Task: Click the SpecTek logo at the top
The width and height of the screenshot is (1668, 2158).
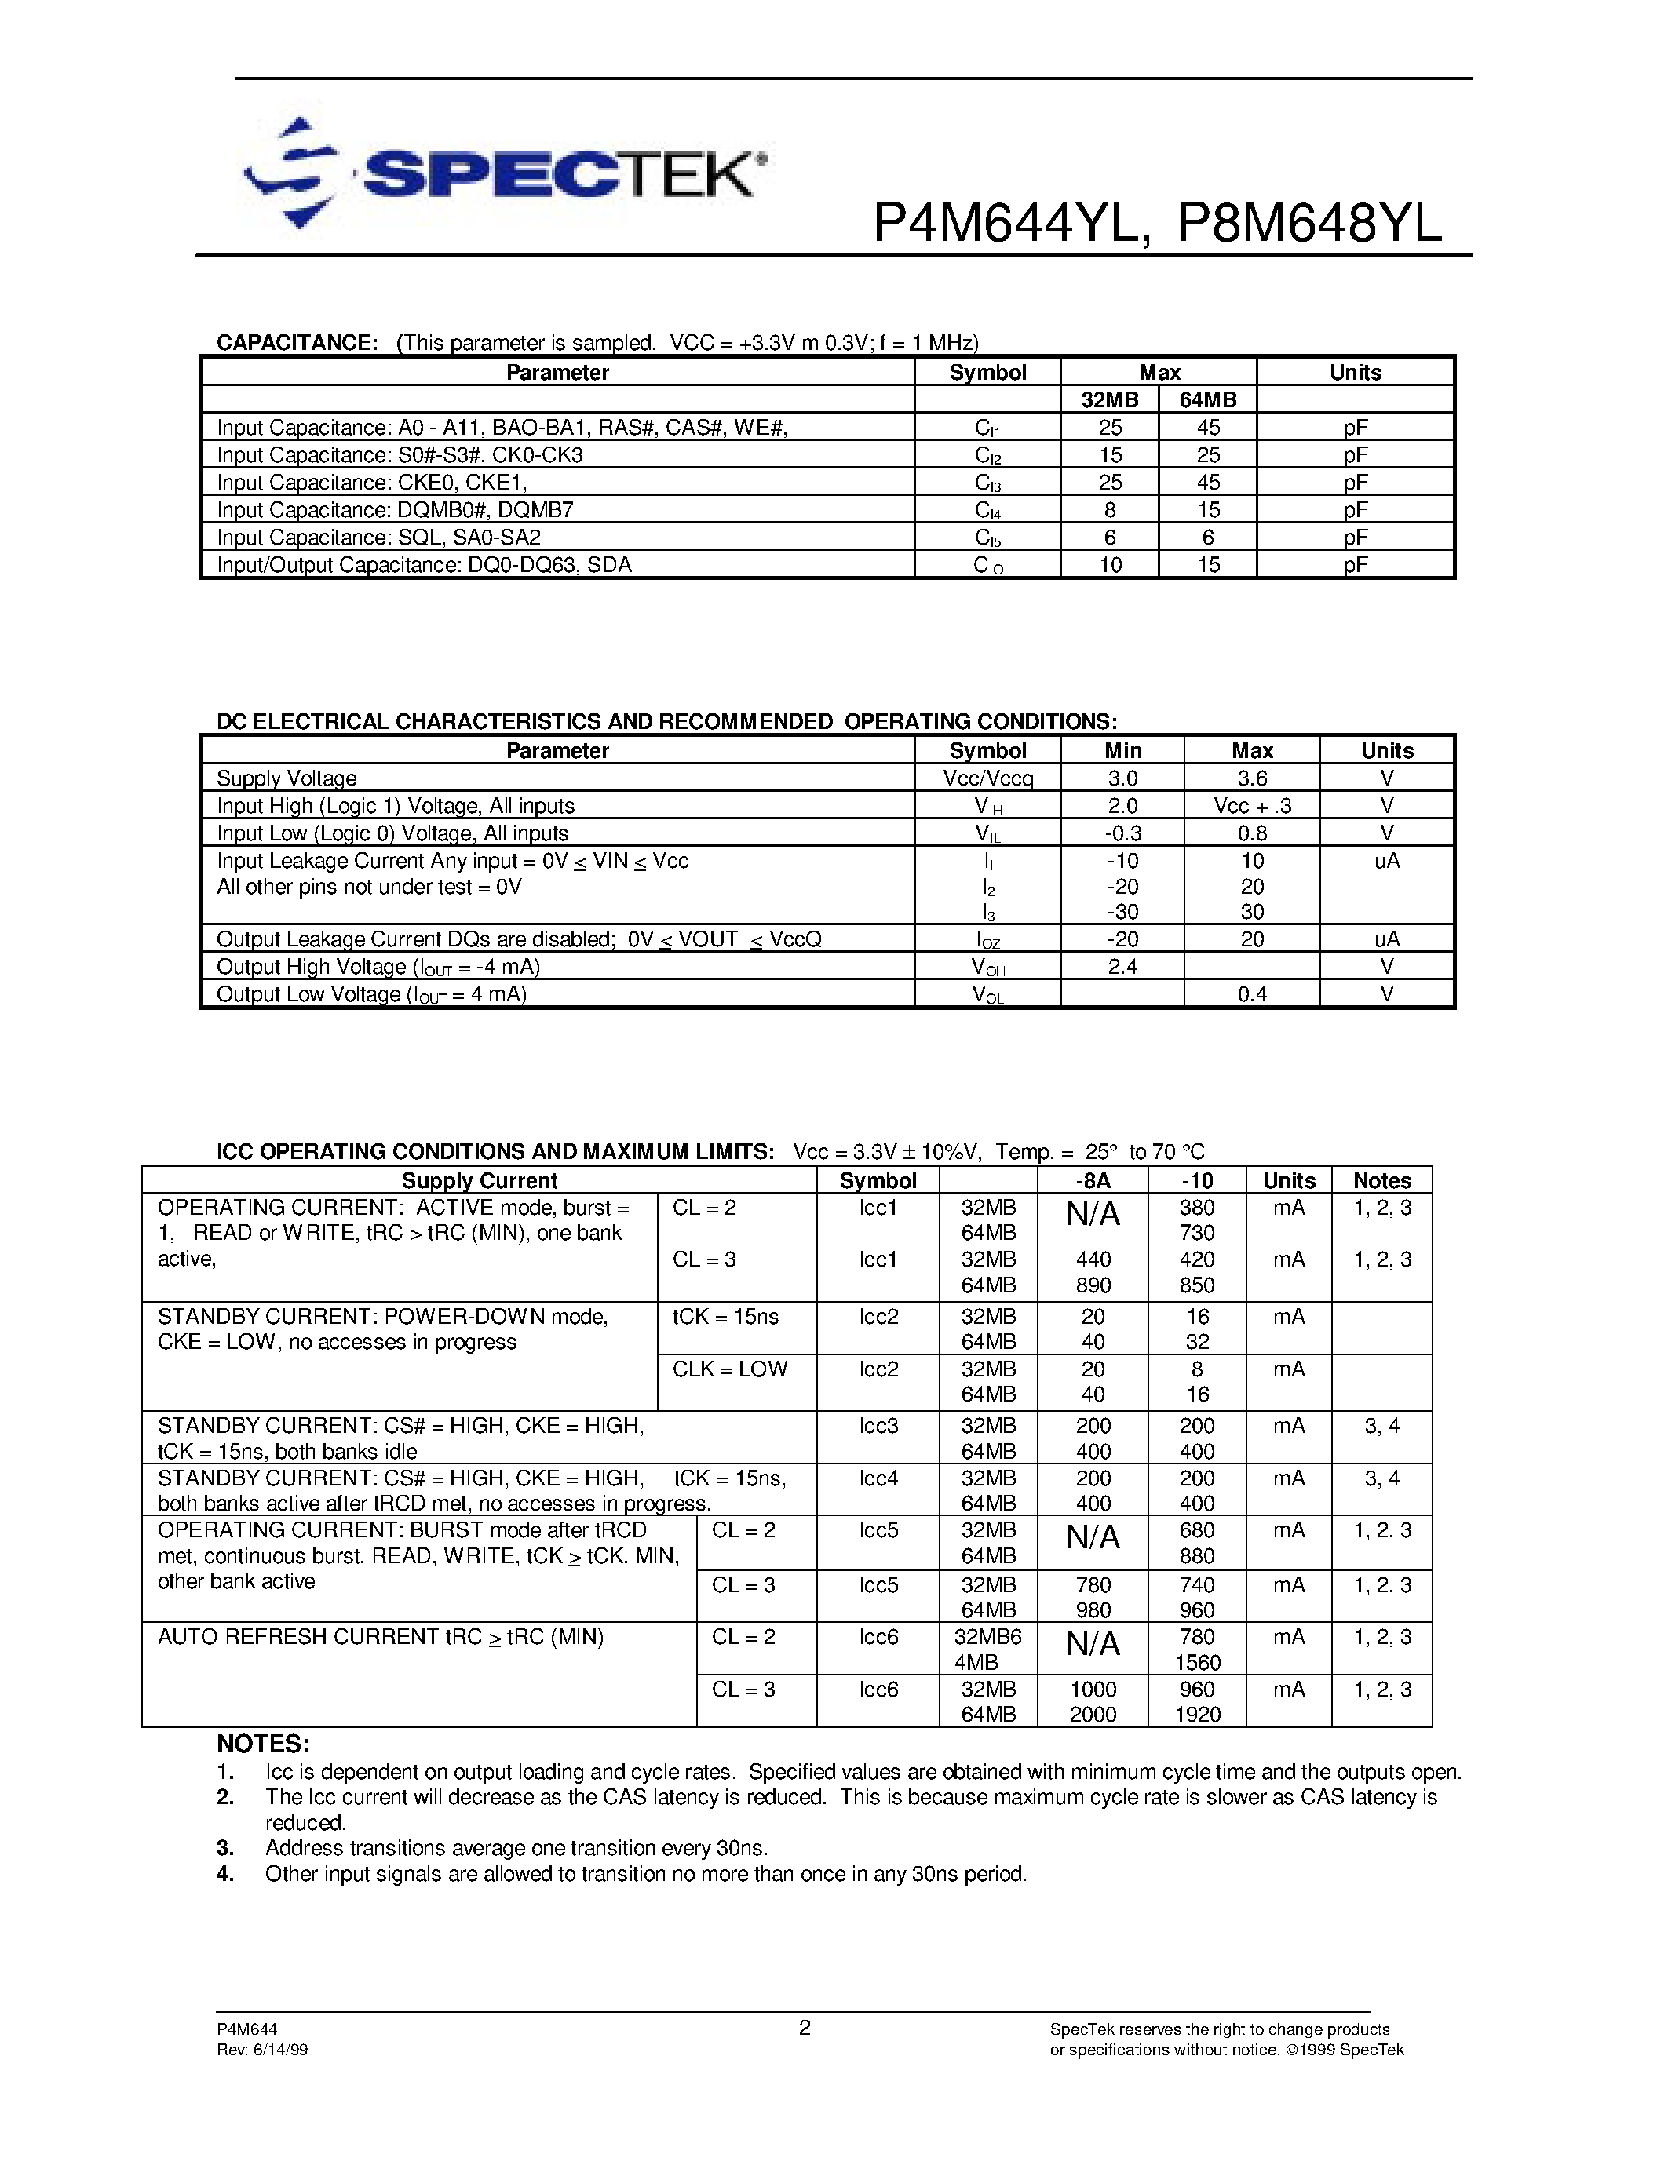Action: [x=504, y=174]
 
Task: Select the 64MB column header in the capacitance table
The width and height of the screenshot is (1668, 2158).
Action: [x=1207, y=400]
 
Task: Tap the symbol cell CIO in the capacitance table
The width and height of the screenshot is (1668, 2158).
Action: [x=987, y=566]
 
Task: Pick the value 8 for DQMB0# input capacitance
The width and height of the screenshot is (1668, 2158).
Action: [x=1110, y=510]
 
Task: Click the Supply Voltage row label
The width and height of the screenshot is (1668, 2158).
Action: [x=287, y=778]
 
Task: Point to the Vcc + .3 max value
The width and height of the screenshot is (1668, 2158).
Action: [x=1252, y=806]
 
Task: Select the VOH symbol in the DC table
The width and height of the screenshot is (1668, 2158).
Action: [x=987, y=968]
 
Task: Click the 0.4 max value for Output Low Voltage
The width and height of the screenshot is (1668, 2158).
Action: [x=1252, y=994]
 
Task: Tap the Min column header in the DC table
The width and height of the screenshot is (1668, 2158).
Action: [x=1122, y=751]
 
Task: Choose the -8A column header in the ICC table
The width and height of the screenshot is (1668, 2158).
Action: [x=1092, y=1181]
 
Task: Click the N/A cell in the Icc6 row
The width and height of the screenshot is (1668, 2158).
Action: [x=1092, y=1643]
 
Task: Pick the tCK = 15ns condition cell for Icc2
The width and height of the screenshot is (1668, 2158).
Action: [x=725, y=1317]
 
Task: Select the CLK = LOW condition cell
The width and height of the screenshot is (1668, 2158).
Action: [x=729, y=1369]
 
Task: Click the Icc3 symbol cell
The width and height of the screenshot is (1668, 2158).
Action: [x=878, y=1426]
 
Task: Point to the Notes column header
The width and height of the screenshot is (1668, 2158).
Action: [x=1381, y=1181]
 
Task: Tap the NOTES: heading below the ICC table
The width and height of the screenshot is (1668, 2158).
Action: [x=263, y=1744]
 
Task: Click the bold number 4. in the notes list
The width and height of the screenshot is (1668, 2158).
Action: [x=225, y=1875]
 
